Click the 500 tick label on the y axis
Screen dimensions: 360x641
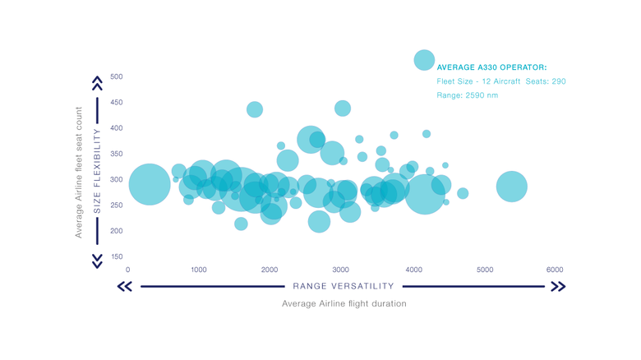coord(116,76)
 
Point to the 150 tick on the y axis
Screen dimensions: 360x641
coord(116,256)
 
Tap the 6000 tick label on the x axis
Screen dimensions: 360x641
coord(555,270)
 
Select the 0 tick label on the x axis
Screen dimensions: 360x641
coord(127,270)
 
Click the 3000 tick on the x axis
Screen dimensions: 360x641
coord(341,270)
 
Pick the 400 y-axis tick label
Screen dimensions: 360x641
coord(116,128)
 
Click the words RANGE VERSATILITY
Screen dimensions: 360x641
coord(344,286)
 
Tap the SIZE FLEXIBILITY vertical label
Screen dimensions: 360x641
coord(97,171)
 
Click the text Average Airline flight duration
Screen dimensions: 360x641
coord(344,303)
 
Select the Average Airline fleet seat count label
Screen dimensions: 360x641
coord(79,171)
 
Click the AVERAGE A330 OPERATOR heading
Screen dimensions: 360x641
coord(491,67)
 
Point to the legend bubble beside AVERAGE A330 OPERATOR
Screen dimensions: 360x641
coord(424,59)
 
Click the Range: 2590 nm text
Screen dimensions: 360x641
coord(467,95)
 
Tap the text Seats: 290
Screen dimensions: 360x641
coord(546,81)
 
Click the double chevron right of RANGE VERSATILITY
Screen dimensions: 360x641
coord(557,286)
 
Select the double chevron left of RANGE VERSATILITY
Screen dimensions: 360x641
coord(125,286)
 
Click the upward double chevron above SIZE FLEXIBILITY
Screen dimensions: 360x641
coord(97,83)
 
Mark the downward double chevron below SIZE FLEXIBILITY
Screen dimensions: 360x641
coord(97,260)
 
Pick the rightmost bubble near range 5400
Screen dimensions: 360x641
coord(511,187)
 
